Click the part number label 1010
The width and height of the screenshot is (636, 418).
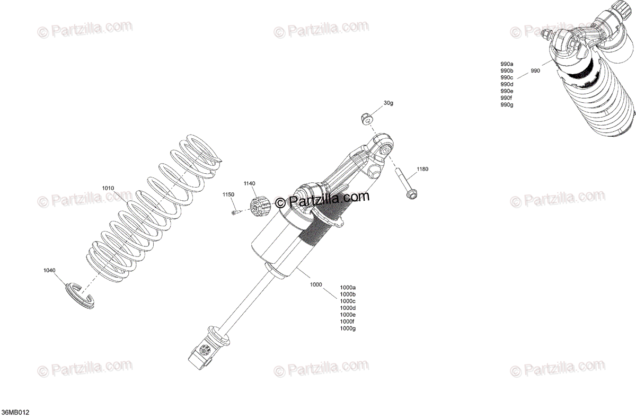(108, 188)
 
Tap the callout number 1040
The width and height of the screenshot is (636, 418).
(49, 270)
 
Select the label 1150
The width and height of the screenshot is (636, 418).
(228, 195)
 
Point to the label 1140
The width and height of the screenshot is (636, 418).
(250, 183)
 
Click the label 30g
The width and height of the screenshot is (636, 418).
(388, 103)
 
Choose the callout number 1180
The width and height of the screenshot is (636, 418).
(422, 169)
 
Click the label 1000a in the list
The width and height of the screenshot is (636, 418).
(348, 287)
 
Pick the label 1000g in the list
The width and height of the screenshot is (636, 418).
(348, 328)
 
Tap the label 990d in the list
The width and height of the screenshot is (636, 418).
(507, 84)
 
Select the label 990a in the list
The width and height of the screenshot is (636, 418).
(507, 64)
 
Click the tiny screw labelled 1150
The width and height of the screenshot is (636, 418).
(234, 212)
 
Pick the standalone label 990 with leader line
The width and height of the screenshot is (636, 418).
(535, 70)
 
